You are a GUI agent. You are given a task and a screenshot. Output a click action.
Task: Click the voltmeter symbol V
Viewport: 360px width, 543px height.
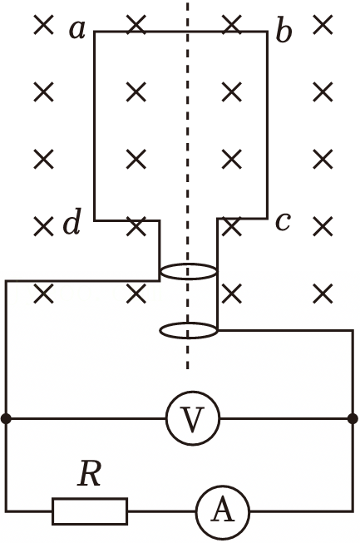point(193,418)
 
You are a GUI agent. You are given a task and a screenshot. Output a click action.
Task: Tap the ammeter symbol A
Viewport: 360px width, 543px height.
point(223,511)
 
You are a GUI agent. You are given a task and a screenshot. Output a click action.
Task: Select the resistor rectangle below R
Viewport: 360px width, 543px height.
point(90,511)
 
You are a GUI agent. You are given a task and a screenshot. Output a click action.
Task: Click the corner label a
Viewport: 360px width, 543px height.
point(77,30)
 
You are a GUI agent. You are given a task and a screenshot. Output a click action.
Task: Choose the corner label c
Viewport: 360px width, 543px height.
point(283,222)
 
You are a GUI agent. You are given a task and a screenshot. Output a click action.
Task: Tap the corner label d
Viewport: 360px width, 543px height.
point(72,221)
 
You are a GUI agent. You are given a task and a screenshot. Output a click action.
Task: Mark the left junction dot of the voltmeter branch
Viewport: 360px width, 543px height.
point(6,418)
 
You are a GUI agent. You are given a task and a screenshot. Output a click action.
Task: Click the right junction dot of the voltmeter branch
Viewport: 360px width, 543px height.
point(353,418)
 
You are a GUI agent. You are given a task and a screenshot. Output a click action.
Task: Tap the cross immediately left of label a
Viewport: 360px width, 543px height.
point(44,25)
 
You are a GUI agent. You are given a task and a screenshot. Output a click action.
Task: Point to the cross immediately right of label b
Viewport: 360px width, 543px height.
point(323,25)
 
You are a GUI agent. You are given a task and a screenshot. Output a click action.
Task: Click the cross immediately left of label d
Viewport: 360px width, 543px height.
point(44,226)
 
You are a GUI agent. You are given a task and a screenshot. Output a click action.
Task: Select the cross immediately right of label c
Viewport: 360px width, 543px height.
point(323,226)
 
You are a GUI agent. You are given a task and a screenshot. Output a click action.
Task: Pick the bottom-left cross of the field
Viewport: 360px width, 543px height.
point(44,294)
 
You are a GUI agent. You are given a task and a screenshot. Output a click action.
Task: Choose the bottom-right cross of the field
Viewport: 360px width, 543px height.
point(323,294)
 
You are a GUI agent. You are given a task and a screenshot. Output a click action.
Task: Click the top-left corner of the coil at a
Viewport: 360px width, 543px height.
point(95,32)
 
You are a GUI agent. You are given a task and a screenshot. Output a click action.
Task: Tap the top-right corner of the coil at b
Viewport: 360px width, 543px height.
point(267,32)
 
